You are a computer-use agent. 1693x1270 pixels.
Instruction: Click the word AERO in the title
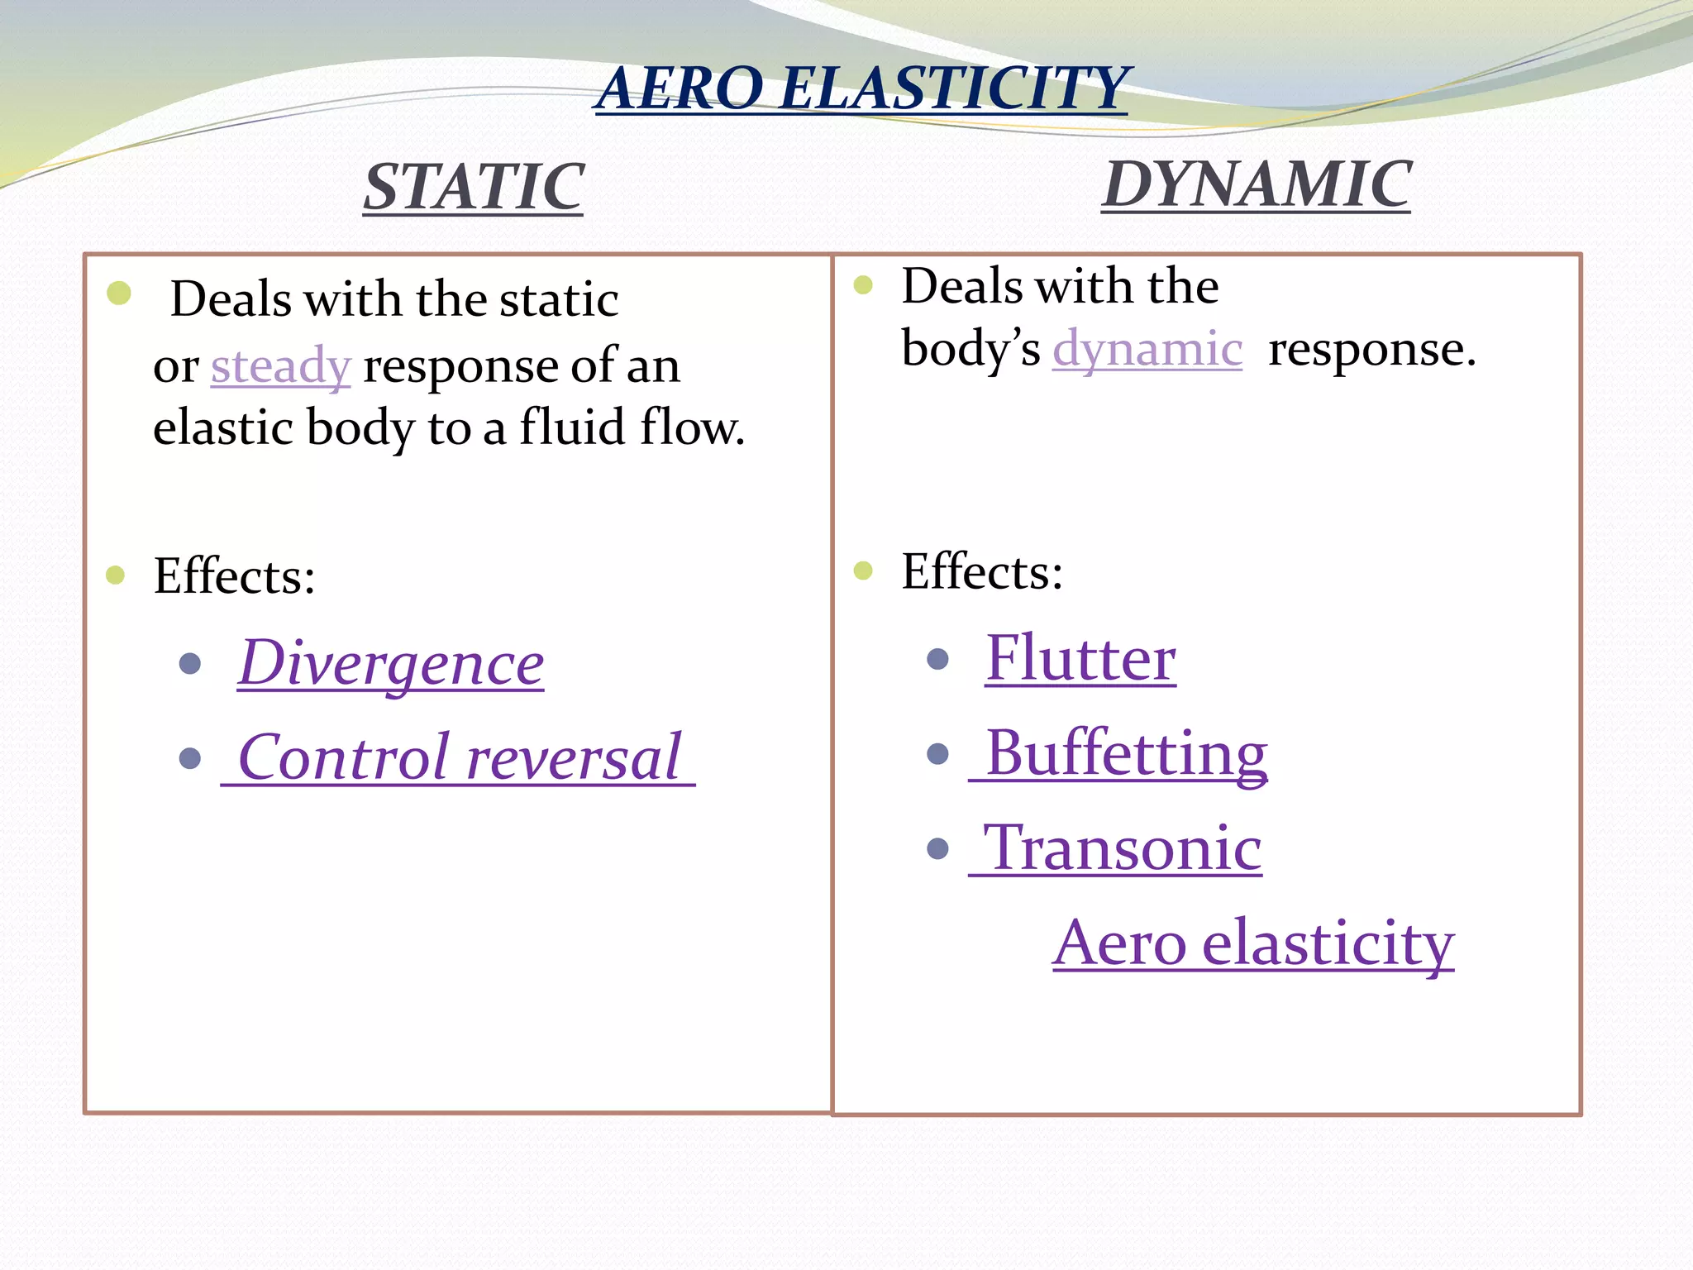coord(680,88)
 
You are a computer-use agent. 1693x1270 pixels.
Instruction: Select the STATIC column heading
coord(474,187)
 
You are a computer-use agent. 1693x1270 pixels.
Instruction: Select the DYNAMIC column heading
coord(1256,184)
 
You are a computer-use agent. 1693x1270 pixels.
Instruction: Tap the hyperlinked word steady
coord(281,365)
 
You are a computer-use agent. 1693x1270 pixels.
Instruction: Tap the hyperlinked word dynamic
coord(1147,349)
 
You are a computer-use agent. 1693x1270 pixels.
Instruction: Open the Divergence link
coord(391,664)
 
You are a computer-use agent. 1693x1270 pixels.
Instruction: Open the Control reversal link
coord(459,758)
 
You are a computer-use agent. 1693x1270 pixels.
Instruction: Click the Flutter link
coord(1080,659)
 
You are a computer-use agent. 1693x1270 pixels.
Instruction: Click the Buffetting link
coord(1126,753)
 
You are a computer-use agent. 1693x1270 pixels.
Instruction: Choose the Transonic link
coord(1123,848)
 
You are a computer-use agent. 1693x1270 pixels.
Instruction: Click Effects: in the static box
coord(234,575)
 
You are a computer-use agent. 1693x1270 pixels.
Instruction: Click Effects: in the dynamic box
coord(982,571)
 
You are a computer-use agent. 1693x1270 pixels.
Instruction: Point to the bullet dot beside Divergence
coord(190,663)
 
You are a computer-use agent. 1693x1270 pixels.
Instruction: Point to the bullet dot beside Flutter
coord(937,659)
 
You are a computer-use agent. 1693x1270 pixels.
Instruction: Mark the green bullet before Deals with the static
coord(119,293)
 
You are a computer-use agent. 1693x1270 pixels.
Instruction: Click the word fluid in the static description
coord(571,428)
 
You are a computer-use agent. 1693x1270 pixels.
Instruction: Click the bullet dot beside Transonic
coord(937,848)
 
